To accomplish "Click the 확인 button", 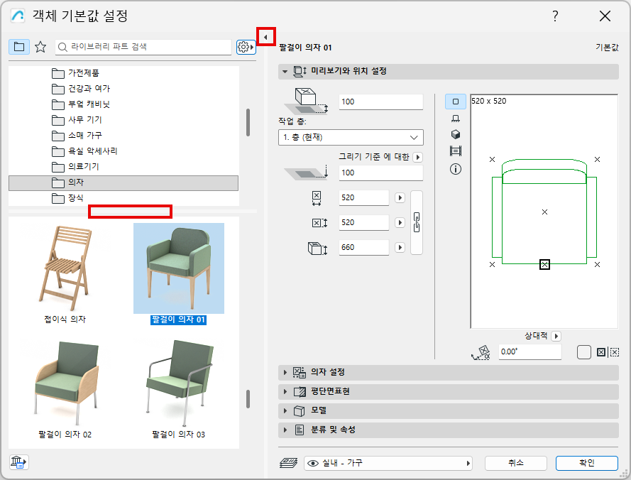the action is click(x=586, y=463).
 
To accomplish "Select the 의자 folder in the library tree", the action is click(x=123, y=182).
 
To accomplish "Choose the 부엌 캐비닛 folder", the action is click(x=80, y=104).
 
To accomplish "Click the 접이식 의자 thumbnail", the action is click(x=65, y=268).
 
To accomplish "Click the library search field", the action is click(x=143, y=47).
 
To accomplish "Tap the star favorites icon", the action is click(x=40, y=47).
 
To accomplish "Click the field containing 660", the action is click(x=364, y=247).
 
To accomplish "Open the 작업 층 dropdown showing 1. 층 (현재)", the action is click(x=351, y=137).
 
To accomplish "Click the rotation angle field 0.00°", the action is click(x=530, y=352).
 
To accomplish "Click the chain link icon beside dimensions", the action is click(x=417, y=223).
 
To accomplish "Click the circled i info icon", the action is click(x=456, y=169).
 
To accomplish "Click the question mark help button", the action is click(x=555, y=16).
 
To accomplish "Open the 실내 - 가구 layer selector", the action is click(x=388, y=464).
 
